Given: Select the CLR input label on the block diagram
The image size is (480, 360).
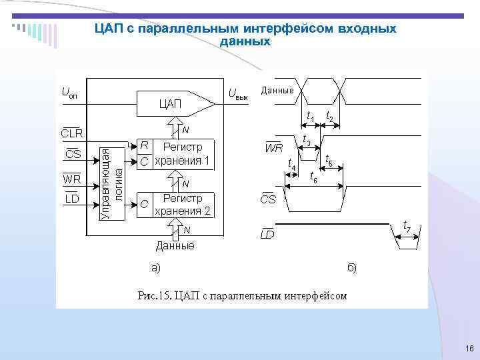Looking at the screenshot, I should (x=72, y=133).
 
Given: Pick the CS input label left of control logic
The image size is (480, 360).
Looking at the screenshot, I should (x=73, y=155).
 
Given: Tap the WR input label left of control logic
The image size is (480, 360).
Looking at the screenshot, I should (x=71, y=179).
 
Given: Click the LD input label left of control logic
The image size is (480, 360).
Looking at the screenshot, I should (x=72, y=199).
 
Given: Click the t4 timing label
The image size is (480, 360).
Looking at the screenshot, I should (x=291, y=163).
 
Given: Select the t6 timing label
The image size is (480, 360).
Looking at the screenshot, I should (x=313, y=177).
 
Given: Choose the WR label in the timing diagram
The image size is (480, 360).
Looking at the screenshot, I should (x=274, y=147).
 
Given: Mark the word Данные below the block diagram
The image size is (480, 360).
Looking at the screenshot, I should (x=175, y=246).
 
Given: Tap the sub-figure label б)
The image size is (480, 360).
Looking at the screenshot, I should (x=351, y=267).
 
